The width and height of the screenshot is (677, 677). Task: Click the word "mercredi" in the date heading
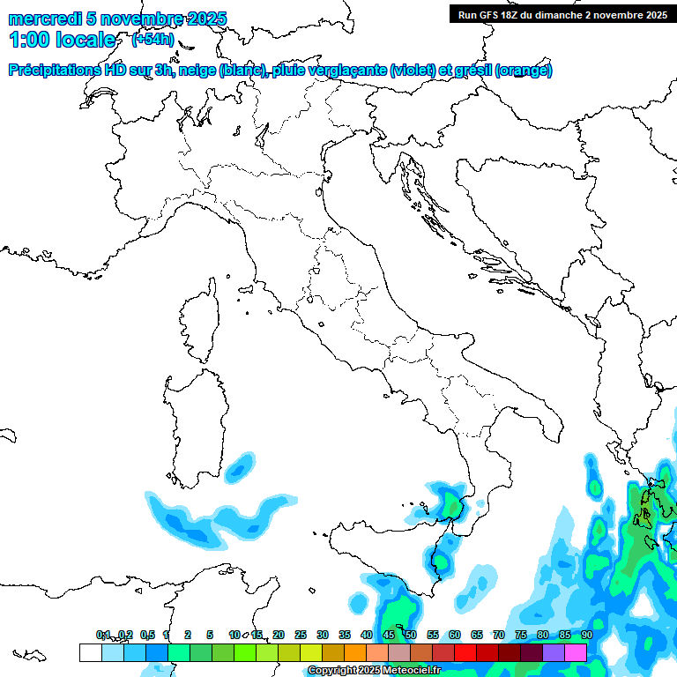[x=41, y=19]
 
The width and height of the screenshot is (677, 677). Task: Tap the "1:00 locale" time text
[x=63, y=40]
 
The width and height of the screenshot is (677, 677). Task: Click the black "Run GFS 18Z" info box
[x=562, y=14]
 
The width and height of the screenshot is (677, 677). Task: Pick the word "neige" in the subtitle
[x=198, y=71]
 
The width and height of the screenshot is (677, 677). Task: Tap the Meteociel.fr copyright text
[x=374, y=671]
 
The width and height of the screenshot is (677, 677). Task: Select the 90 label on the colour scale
[x=587, y=635]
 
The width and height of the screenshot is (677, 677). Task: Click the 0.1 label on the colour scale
[x=103, y=635]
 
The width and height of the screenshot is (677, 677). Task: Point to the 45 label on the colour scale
[x=389, y=635]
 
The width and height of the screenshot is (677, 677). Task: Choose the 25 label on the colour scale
[x=301, y=635]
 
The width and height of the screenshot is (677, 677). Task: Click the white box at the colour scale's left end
[x=90, y=652]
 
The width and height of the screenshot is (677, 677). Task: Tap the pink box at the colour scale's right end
[x=576, y=652]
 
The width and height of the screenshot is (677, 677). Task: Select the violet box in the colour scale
[x=554, y=652]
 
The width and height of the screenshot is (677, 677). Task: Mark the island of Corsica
[x=200, y=322]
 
